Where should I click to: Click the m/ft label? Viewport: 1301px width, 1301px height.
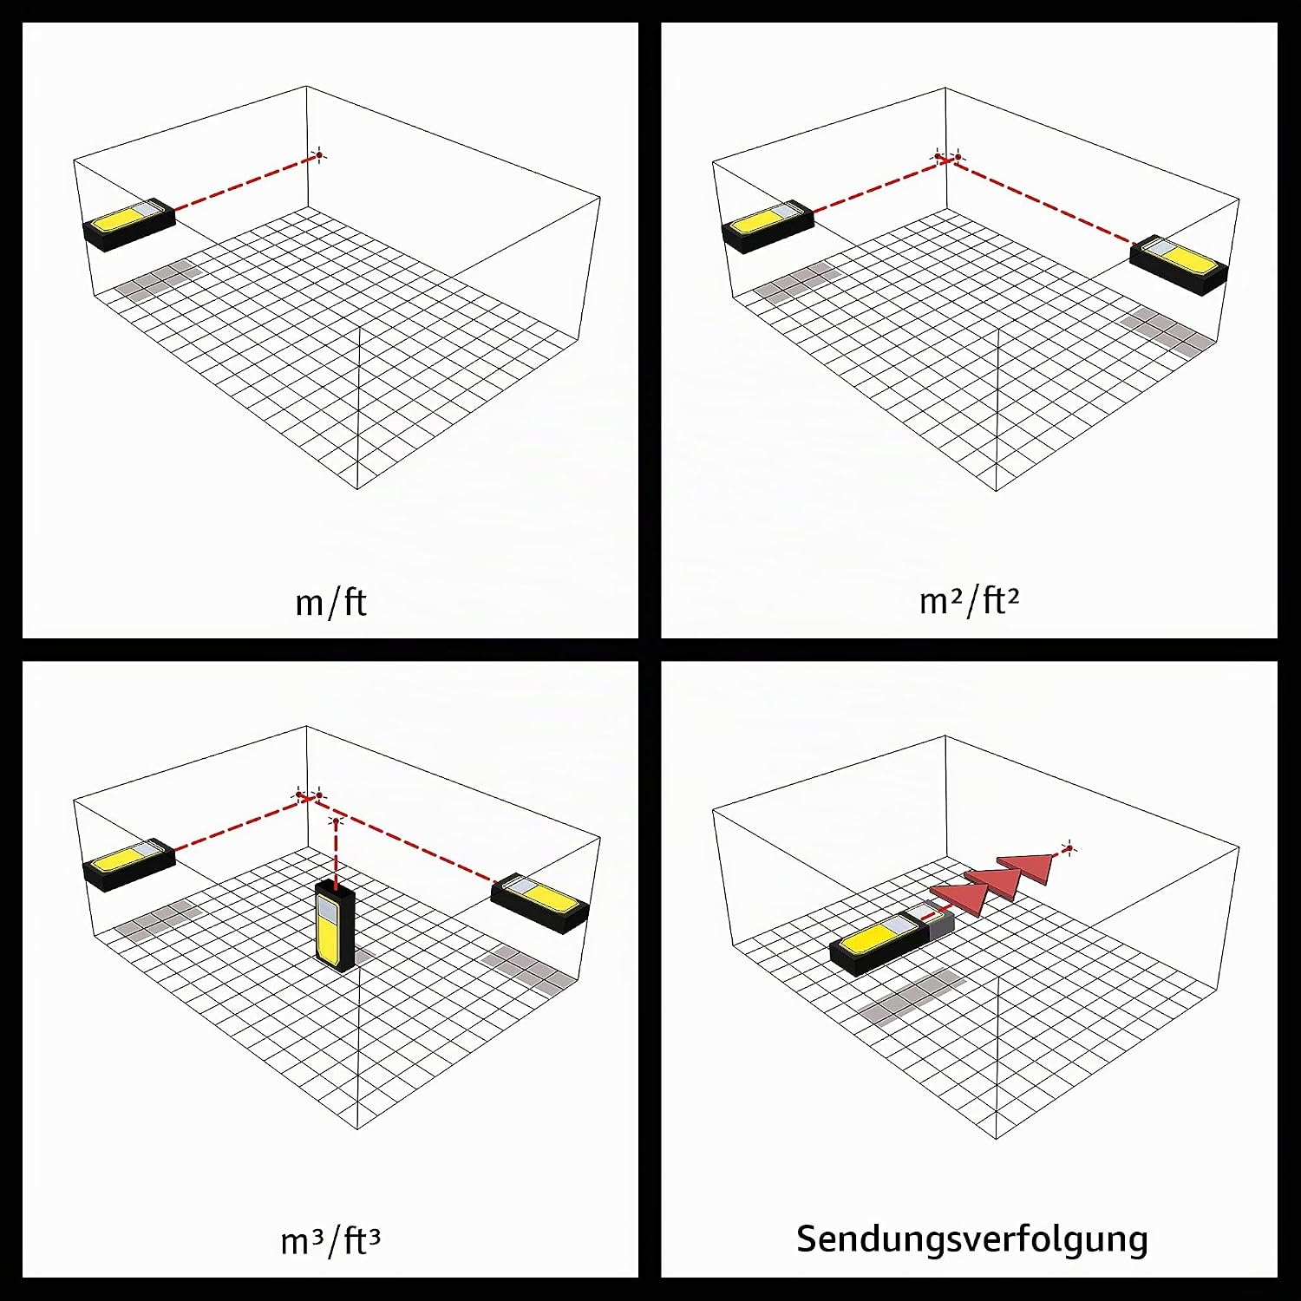(330, 602)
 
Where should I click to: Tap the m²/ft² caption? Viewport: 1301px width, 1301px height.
(969, 599)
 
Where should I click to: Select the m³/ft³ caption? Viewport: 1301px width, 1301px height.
(330, 1240)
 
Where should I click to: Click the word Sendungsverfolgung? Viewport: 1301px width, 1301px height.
(971, 1239)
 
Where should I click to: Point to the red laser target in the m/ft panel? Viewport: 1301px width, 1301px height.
(318, 155)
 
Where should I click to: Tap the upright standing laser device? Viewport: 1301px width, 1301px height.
(335, 926)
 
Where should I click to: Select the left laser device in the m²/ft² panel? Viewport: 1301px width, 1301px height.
(768, 226)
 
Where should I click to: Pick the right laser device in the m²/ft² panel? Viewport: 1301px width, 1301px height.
(1180, 264)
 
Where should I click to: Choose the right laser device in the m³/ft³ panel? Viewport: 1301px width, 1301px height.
(540, 903)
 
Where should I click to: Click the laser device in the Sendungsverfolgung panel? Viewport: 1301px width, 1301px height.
(892, 940)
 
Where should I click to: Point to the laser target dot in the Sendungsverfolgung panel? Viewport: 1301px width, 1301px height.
(1069, 848)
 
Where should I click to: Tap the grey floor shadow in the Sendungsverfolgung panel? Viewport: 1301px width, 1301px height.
(911, 996)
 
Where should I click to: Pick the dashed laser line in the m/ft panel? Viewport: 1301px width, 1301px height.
(245, 182)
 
